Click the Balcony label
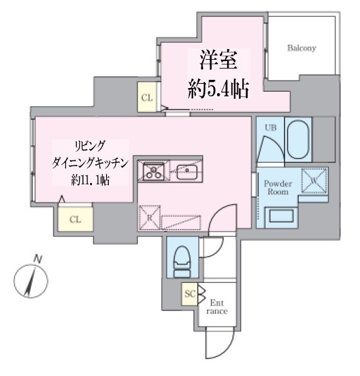301,48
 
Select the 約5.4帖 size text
218,89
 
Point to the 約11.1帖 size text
90,180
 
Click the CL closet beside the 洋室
147,97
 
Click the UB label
271,128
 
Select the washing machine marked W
315,180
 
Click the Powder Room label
278,188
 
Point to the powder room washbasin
281,216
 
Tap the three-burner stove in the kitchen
154,171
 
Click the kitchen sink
187,172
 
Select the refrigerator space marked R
150,218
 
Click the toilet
182,262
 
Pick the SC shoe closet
189,294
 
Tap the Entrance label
217,307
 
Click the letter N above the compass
37,259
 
